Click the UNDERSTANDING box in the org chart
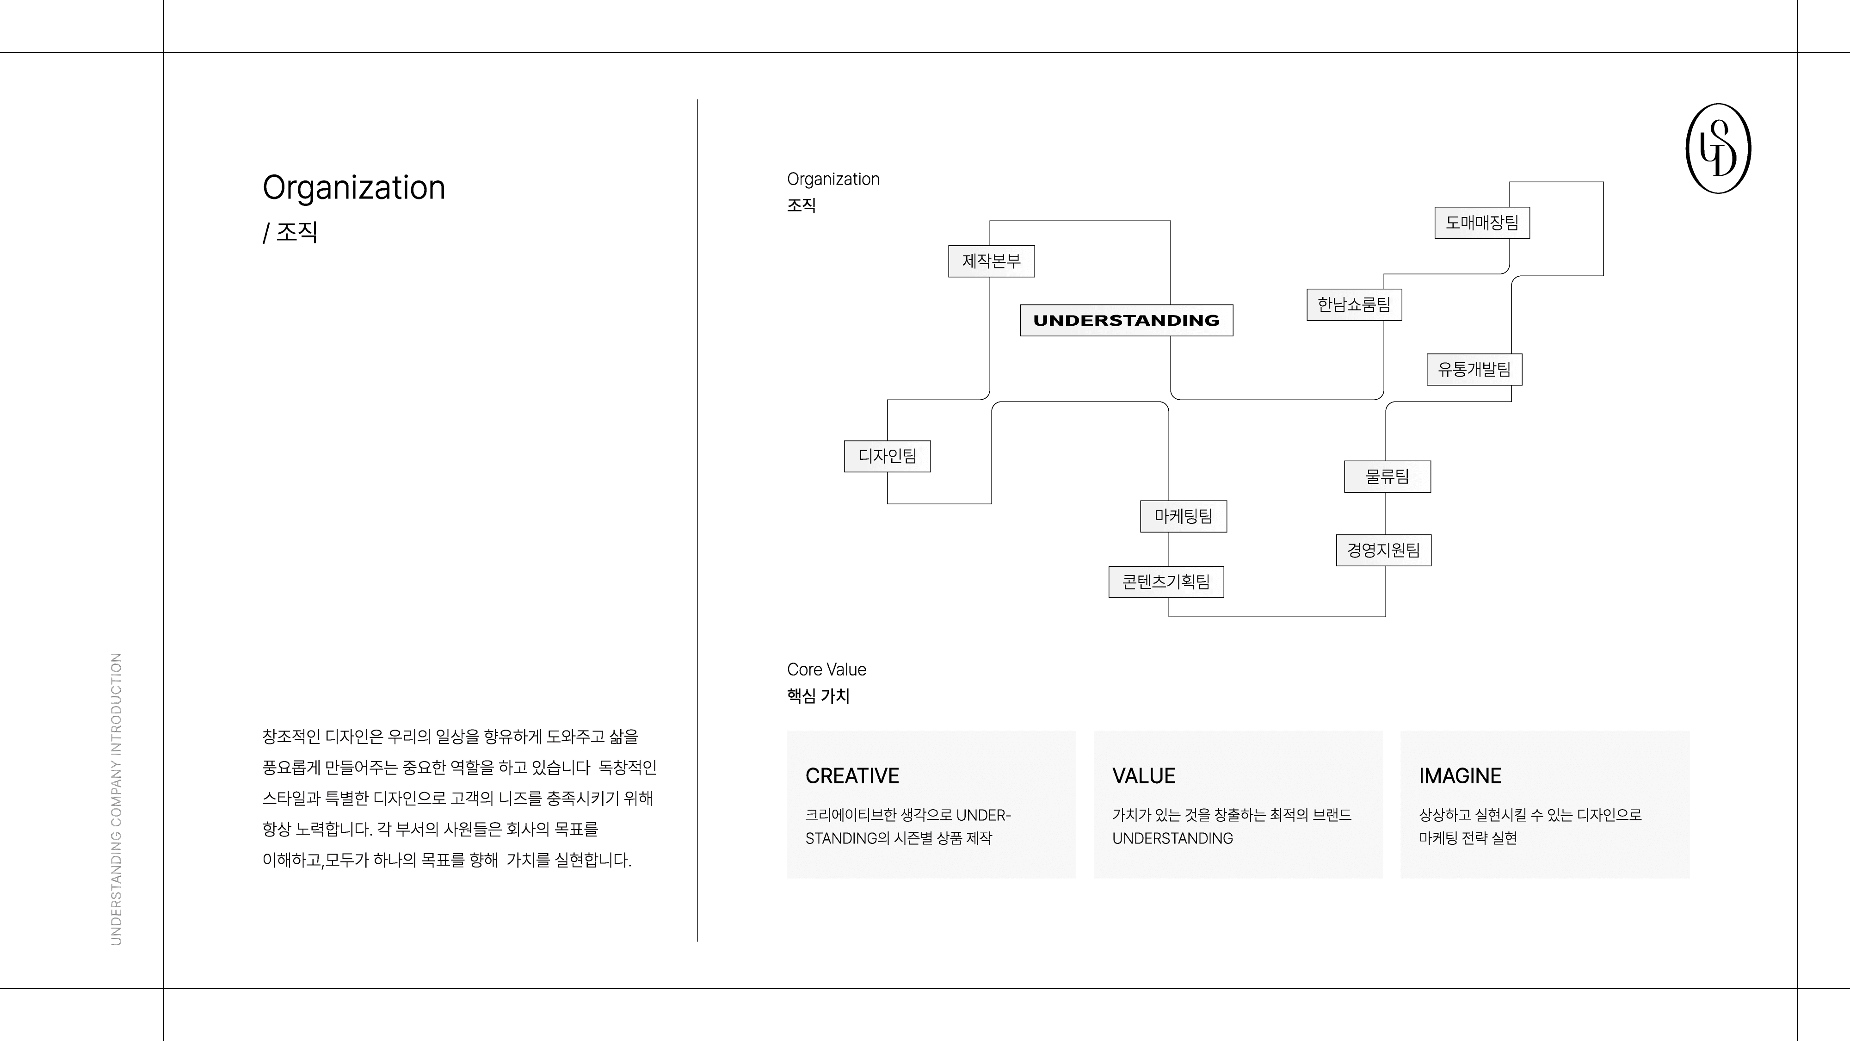pos(1126,321)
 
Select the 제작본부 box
pos(991,261)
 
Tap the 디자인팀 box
pos(887,456)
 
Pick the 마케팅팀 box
pos(1183,516)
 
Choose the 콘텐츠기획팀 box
pos(1165,582)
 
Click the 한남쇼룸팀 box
pos(1354,304)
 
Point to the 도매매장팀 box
pos(1481,223)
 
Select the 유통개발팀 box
pos(1474,369)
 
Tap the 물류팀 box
pos(1387,477)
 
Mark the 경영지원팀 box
pos(1383,550)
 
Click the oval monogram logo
pos(1718,149)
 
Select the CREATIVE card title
pos(852,776)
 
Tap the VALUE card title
pos(1143,776)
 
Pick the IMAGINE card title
pos(1459,776)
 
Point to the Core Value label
pos(826,669)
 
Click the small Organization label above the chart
pos(833,180)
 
